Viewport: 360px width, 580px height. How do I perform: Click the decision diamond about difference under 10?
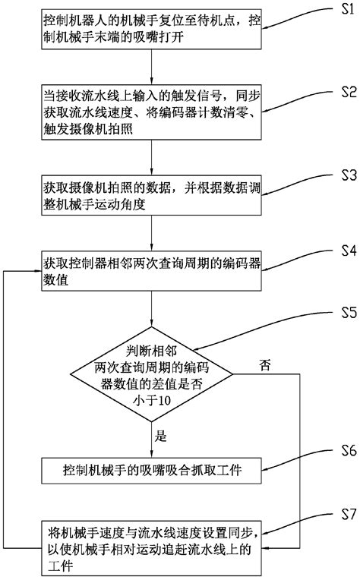tap(153, 375)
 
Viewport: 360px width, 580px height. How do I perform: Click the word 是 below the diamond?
tap(160, 437)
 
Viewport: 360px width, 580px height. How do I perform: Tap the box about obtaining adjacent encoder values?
tap(153, 271)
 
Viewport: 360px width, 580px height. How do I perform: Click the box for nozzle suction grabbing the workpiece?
tap(153, 472)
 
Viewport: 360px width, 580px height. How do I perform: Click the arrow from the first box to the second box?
tap(153, 74)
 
